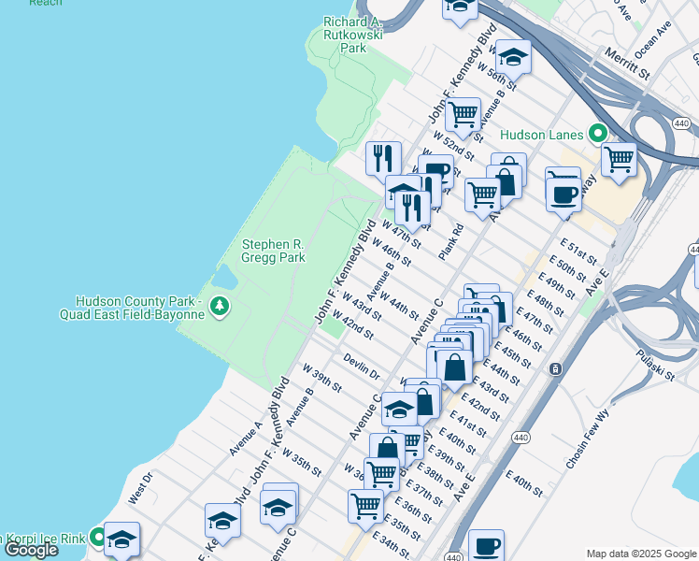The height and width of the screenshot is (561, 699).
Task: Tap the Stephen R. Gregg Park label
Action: (x=274, y=251)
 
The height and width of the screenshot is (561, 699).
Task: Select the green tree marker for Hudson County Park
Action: (x=219, y=306)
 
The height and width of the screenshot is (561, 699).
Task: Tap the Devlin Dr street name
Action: (x=361, y=366)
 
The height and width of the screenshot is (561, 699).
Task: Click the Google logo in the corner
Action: (x=31, y=550)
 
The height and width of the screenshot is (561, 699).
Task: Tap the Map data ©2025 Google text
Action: (x=639, y=554)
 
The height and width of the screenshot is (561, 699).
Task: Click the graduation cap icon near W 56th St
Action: (x=513, y=58)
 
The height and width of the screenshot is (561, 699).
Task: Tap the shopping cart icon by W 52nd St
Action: (x=463, y=115)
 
